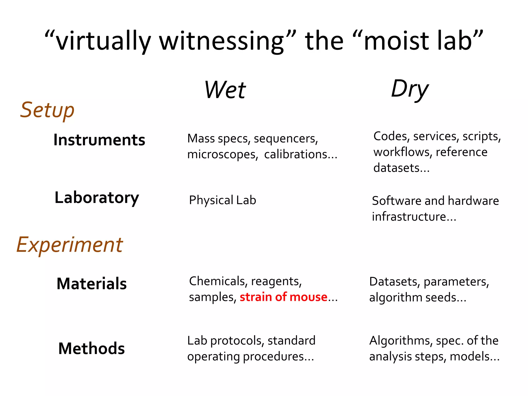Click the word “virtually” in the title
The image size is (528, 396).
(x=103, y=41)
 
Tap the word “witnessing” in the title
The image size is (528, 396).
(x=222, y=41)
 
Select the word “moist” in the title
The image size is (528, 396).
(x=397, y=41)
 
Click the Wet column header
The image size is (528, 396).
(x=225, y=90)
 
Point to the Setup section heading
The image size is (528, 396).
(x=47, y=110)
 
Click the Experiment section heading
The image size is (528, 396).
(x=70, y=245)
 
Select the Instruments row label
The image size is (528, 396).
(x=99, y=140)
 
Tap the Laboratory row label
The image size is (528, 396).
(x=97, y=198)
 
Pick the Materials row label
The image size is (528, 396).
(x=92, y=284)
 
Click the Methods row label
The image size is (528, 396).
(x=92, y=349)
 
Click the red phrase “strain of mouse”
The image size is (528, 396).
(x=283, y=297)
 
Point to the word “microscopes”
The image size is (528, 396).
(x=222, y=155)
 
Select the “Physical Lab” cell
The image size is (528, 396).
(x=222, y=200)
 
